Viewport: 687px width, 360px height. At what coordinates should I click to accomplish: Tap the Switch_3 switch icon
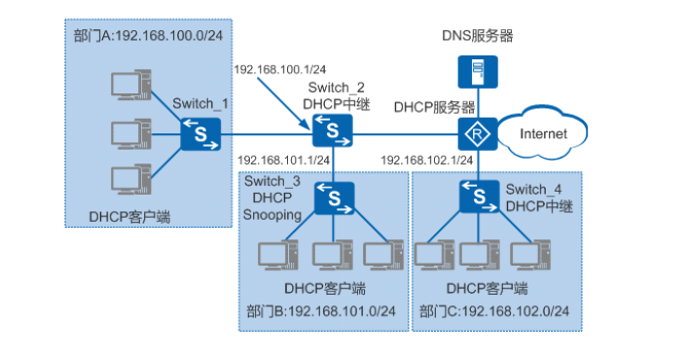pyautogui.click(x=333, y=198)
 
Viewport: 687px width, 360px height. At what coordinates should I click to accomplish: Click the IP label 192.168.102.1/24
pyautogui.click(x=426, y=160)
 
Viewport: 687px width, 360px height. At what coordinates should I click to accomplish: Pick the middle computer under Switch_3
pyautogui.click(x=332, y=255)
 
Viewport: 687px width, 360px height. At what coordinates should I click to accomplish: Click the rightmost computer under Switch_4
pyautogui.click(x=529, y=255)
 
